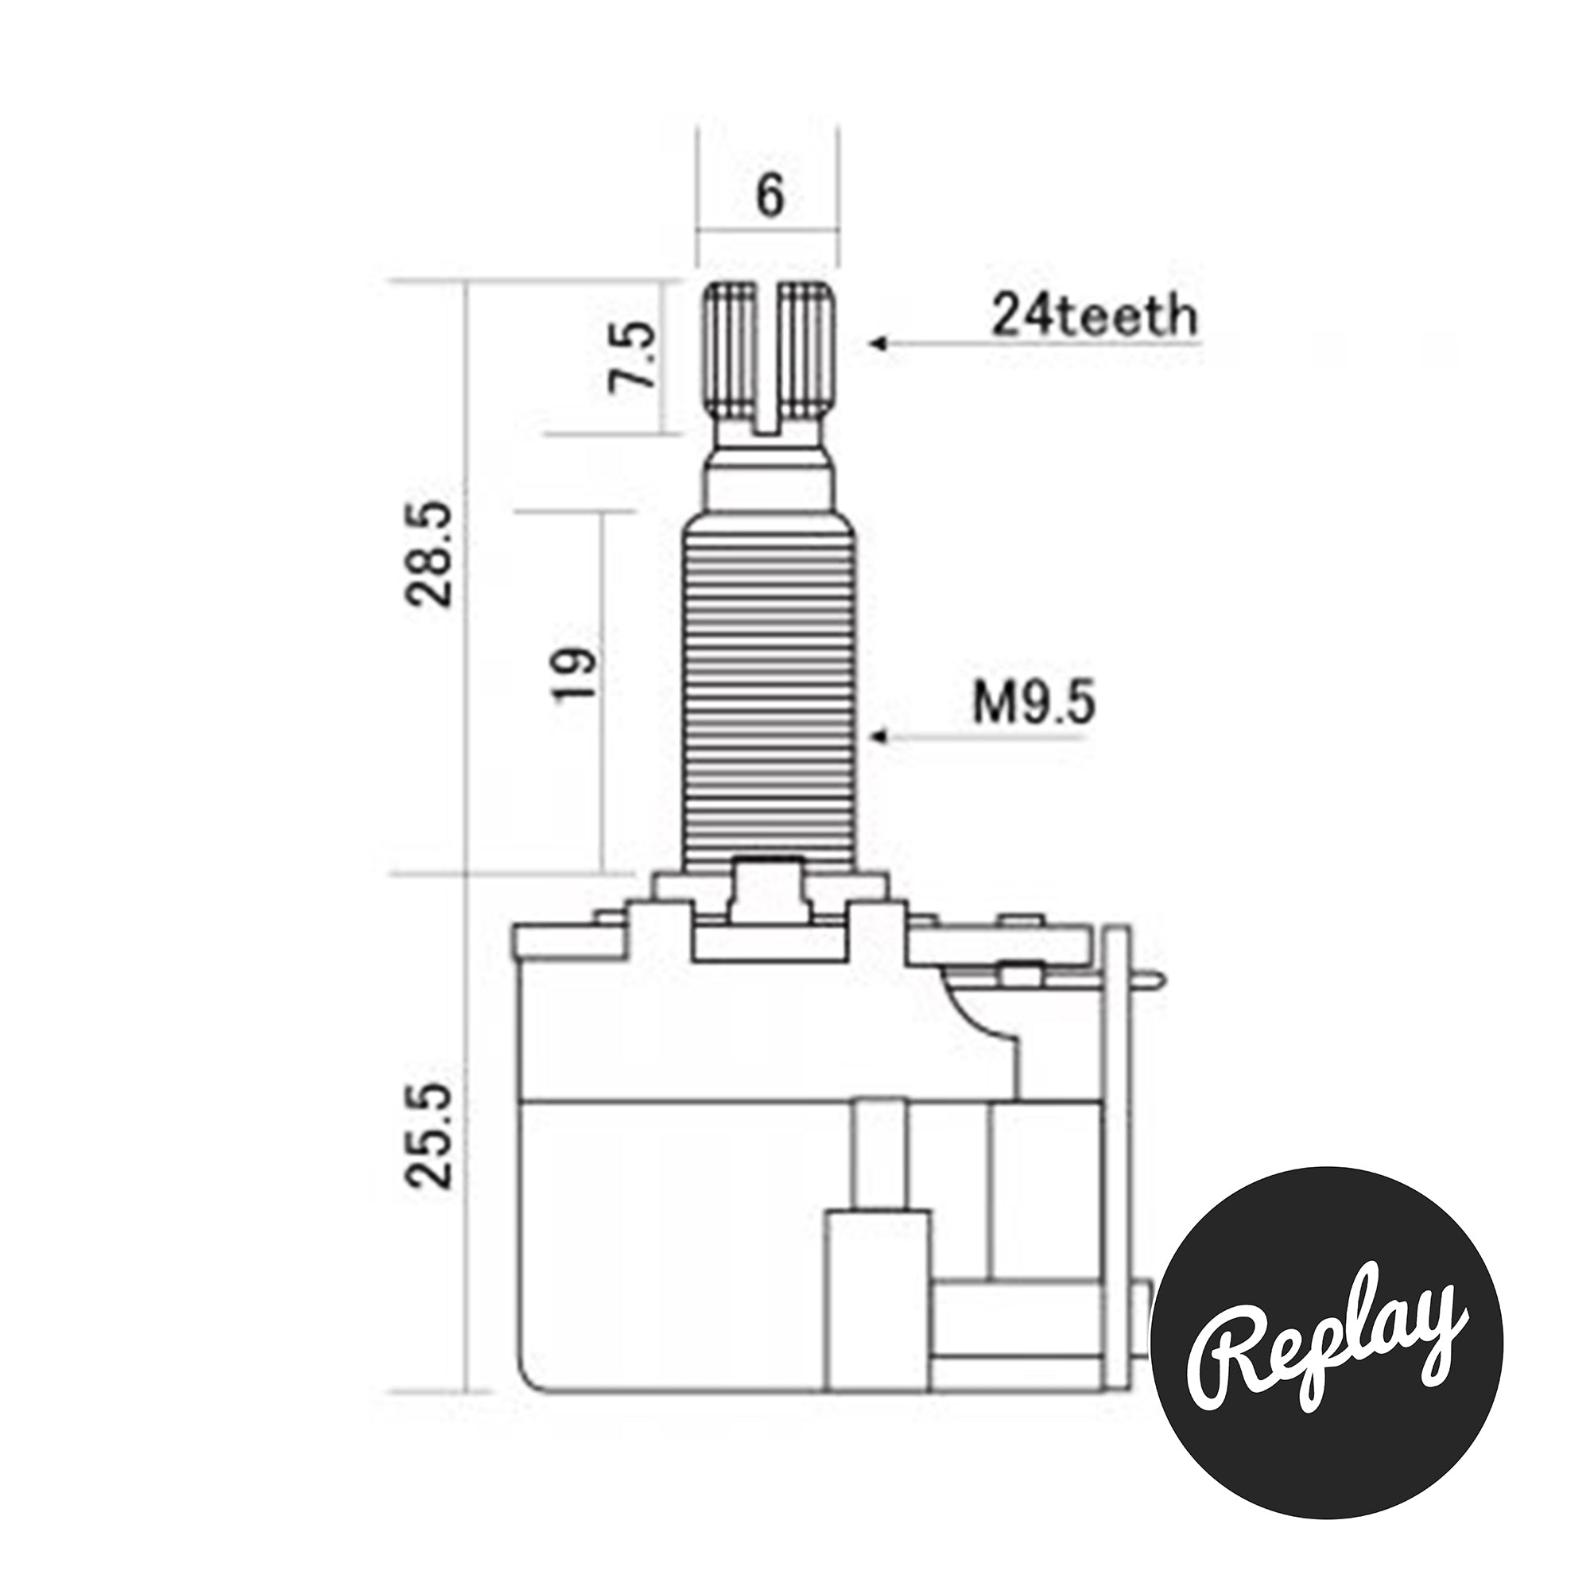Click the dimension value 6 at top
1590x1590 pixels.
click(770, 196)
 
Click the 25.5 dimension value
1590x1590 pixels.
click(429, 1135)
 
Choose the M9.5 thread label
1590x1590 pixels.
click(1033, 704)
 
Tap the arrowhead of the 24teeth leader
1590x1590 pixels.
click(878, 343)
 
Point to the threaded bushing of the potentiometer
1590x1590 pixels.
click(770, 700)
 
